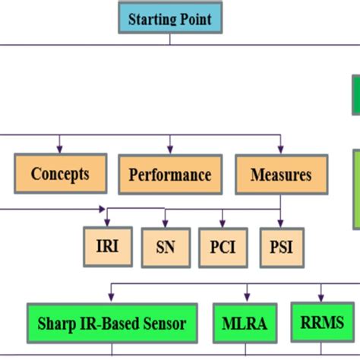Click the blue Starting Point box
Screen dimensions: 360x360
tap(169, 19)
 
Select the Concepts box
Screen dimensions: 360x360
tap(60, 174)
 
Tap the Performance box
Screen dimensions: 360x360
tap(169, 175)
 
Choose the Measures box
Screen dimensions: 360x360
tap(281, 175)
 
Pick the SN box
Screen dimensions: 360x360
tap(165, 247)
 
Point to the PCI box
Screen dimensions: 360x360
tap(223, 247)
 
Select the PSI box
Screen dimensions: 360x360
tap(280, 247)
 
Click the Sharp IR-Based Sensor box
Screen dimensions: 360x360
tap(112, 324)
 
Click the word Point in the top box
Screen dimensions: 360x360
tap(197, 19)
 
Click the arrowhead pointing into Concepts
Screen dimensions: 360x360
tap(60, 150)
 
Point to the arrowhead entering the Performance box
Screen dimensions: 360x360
tap(169, 150)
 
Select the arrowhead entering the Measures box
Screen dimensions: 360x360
tap(281, 150)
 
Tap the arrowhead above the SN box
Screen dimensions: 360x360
tap(165, 223)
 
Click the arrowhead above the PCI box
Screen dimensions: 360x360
tap(223, 223)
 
